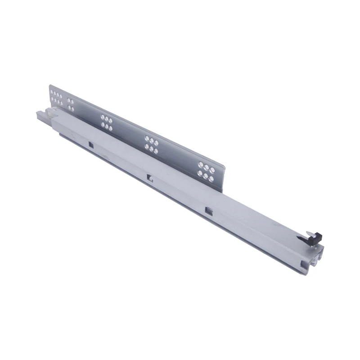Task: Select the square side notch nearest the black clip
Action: click(x=208, y=210)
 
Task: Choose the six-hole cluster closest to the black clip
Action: click(x=206, y=171)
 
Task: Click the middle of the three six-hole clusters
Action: click(x=151, y=145)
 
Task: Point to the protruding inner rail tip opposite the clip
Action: click(x=40, y=115)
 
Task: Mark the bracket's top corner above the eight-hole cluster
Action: click(x=50, y=85)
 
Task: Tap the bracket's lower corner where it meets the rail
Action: click(x=222, y=192)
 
